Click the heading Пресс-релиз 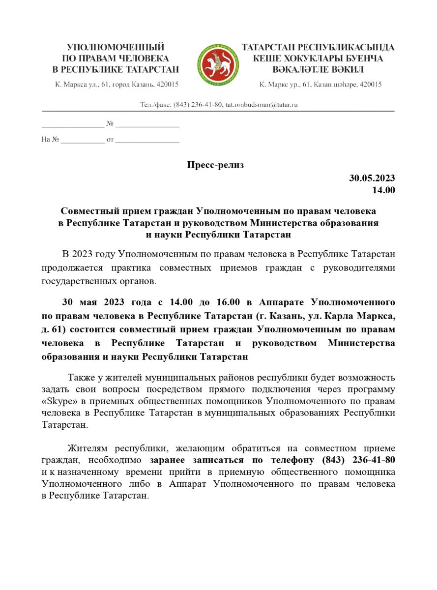[215, 165]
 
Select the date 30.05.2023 [372, 178]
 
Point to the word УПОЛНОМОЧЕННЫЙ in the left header [116, 47]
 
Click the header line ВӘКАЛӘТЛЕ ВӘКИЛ [318, 69]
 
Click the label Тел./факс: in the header [156, 104]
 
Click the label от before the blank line [110, 140]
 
